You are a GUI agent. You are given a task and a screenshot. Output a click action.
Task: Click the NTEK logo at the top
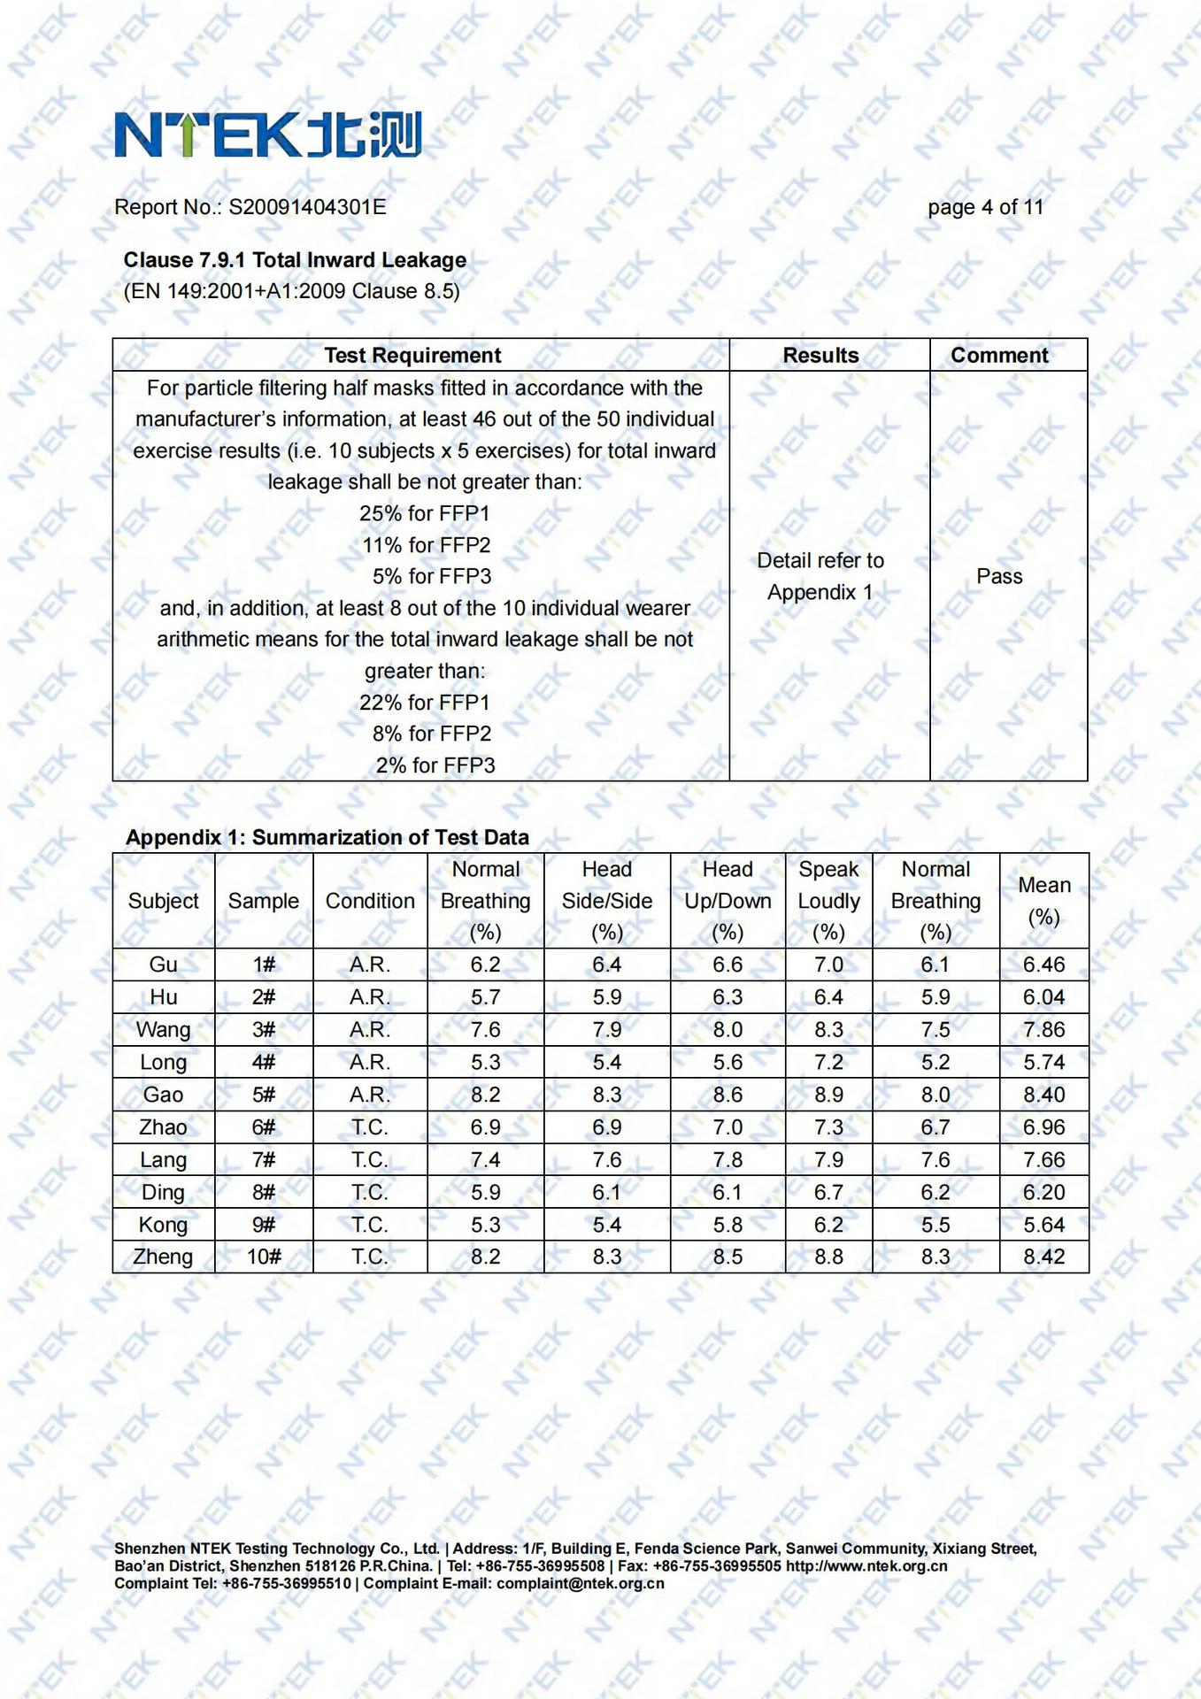point(267,135)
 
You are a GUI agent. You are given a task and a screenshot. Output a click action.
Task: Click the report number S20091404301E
point(307,207)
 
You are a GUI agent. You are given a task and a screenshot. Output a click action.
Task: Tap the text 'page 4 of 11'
point(985,207)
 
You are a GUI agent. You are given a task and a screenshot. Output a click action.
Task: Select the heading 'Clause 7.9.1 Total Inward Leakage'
point(295,260)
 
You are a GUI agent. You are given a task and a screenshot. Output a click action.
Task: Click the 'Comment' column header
point(999,356)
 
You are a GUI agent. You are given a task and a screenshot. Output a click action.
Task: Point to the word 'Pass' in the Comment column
point(999,576)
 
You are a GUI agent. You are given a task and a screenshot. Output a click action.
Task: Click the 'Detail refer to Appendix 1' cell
point(820,576)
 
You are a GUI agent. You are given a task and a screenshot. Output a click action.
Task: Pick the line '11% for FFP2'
point(426,545)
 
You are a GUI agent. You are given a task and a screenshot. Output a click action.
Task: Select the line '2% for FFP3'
point(435,765)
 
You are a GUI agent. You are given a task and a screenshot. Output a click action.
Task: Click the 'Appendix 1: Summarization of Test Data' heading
point(327,837)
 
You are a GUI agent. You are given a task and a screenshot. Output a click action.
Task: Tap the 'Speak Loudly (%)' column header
point(828,901)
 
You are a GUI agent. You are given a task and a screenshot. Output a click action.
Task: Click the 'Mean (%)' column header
point(1043,901)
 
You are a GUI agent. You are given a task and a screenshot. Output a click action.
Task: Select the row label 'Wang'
point(163,1030)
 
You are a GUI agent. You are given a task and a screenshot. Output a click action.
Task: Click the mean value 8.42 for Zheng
point(1043,1257)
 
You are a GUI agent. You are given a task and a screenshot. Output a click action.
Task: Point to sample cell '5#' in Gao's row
point(264,1095)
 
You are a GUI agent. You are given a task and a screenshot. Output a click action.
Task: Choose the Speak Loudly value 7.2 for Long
point(828,1062)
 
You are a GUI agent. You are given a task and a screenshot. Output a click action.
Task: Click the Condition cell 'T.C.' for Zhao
point(370,1127)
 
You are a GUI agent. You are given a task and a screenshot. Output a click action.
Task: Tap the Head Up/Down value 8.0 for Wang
point(728,1030)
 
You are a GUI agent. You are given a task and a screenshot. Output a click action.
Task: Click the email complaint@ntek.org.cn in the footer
point(580,1583)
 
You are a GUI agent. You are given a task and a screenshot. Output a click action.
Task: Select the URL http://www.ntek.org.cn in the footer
point(866,1566)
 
